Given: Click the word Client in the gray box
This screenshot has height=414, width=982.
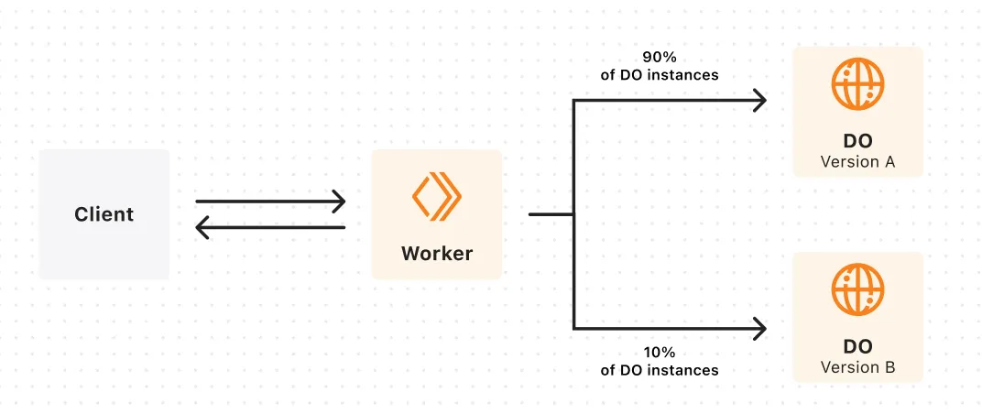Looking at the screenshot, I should tap(104, 214).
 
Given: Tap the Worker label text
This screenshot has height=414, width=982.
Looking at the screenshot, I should tap(436, 254).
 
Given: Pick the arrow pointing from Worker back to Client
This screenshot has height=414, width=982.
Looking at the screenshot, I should tap(270, 227).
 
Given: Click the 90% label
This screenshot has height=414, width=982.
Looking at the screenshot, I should tap(659, 57).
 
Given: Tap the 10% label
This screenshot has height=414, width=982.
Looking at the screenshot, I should tap(659, 352).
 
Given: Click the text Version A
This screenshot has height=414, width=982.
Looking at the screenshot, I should tap(857, 162).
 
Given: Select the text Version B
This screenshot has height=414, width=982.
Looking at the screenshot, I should tap(857, 367).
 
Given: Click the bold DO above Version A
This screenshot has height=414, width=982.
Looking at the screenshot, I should tap(857, 142).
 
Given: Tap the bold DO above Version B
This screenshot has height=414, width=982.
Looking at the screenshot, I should tap(857, 347).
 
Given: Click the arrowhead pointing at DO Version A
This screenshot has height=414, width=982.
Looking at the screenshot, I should tap(759, 101).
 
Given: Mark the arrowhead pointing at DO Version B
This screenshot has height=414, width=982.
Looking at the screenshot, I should tap(759, 328).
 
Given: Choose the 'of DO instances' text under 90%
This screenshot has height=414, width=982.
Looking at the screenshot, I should tap(659, 75).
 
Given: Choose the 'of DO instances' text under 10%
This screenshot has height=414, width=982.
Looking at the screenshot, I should tap(659, 370).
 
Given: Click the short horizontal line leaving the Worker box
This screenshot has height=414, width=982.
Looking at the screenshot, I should tap(551, 214).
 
